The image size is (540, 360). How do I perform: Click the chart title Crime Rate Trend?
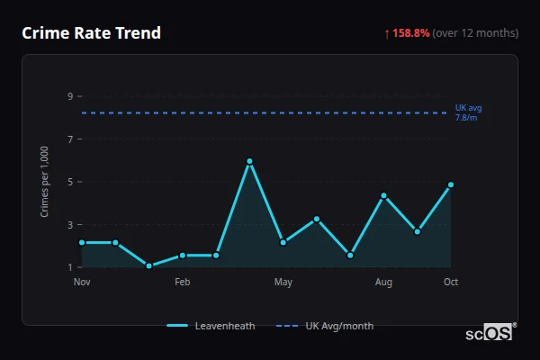point(91,33)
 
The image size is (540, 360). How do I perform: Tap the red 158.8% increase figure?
point(410,33)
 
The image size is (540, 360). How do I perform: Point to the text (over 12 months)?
point(475,33)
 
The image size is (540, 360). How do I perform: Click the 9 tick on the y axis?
point(70,96)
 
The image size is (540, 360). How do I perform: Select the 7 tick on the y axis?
point(70,139)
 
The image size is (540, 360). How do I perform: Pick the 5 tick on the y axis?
point(70,182)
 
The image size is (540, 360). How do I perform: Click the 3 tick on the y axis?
point(70,225)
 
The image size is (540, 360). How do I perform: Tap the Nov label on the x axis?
point(82,283)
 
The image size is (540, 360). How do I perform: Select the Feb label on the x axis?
point(182,283)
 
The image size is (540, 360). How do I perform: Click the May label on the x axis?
point(283,283)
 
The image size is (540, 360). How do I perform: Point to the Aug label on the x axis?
point(383,283)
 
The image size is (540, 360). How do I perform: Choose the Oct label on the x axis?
point(451,283)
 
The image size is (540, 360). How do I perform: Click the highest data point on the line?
point(249,161)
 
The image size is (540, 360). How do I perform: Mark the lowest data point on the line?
point(148,266)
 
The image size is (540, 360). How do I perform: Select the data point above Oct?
point(451,184)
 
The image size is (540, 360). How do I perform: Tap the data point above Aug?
point(383,195)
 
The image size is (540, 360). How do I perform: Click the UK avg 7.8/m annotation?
point(468,112)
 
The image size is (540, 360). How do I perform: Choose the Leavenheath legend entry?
point(211,326)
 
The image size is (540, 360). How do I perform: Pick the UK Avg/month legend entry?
point(325,326)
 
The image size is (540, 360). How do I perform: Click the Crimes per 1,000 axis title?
point(44,183)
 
